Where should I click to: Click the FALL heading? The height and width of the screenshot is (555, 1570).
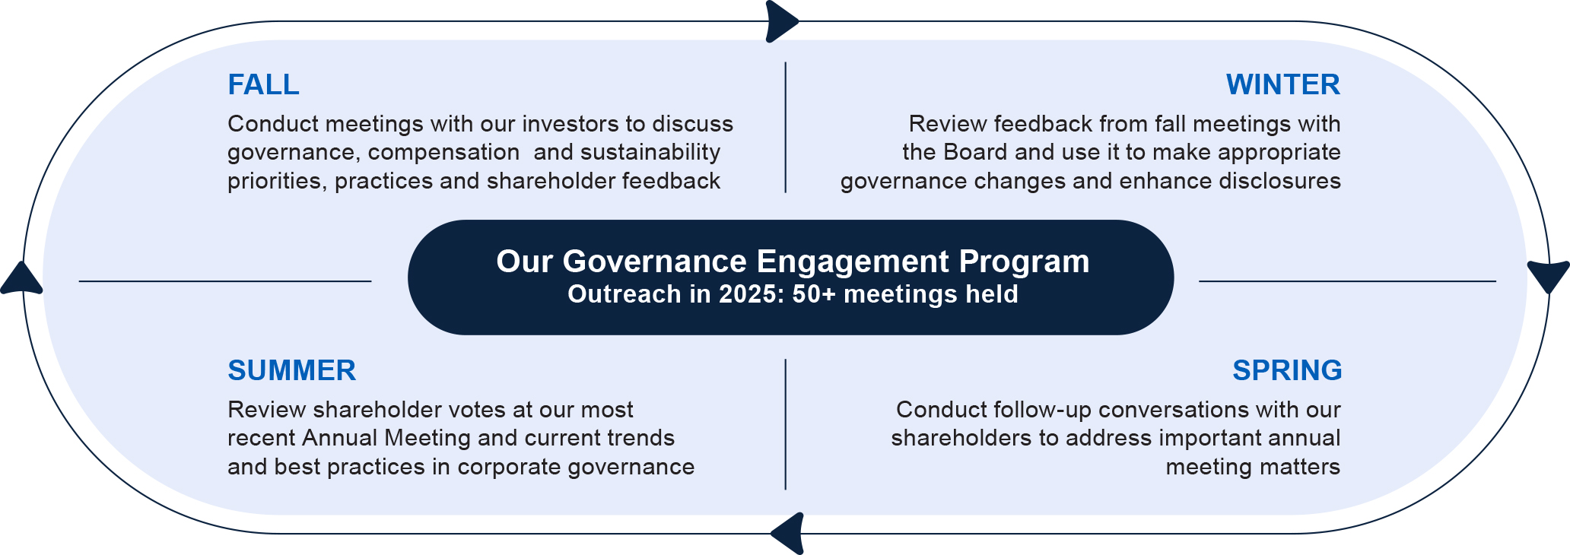pos(263,84)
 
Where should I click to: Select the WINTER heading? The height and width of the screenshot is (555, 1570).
pos(1282,84)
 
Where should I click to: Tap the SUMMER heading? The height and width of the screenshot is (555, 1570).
pos(291,370)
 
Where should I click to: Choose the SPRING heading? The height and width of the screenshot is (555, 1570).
pos(1287,370)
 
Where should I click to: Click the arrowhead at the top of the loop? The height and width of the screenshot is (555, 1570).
pos(781,21)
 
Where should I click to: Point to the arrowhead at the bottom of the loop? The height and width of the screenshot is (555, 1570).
pos(788,533)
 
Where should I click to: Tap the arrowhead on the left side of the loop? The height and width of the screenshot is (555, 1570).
pos(21,278)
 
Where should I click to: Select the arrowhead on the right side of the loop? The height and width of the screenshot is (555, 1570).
pos(1549,277)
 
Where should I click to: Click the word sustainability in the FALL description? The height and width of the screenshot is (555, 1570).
pos(650,153)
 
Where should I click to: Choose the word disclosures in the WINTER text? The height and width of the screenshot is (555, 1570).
pos(1279,181)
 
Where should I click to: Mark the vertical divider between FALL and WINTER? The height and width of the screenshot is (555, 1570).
pos(785,127)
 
